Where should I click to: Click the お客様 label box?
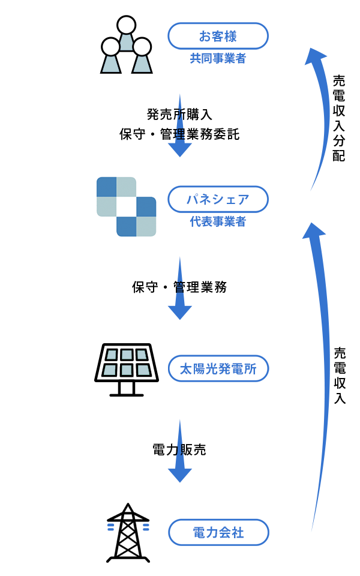(218, 36)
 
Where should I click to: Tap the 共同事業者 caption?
(218, 59)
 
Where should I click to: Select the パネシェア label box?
(218, 199)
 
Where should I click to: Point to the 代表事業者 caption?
(218, 222)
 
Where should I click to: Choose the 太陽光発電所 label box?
(218, 368)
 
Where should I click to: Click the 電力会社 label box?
(218, 532)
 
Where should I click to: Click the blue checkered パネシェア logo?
(126, 206)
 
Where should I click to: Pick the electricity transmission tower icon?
(128, 533)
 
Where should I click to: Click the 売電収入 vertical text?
(340, 376)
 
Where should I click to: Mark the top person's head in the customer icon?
(126, 25)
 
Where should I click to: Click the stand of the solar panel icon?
(127, 389)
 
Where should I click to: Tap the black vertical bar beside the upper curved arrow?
(339, 118)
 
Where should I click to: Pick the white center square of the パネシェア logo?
(126, 206)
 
